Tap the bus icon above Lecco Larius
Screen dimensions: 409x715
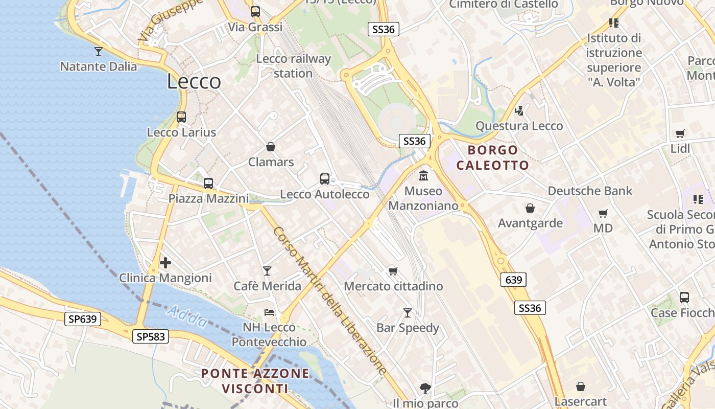coord(181,117)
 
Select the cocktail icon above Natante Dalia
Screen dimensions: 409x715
coord(99,51)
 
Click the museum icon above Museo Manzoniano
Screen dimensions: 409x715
coord(423,176)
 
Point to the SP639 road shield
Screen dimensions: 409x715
coord(83,319)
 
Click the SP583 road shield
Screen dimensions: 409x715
coord(150,336)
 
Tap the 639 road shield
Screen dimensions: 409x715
coord(513,280)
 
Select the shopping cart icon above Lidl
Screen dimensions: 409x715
coord(680,134)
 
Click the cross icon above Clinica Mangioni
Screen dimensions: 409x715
coord(165,263)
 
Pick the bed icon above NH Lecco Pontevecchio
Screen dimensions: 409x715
coord(269,312)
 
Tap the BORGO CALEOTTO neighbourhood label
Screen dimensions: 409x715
coord(493,157)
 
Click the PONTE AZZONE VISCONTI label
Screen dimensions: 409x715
coord(255,381)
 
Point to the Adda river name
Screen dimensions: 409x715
coord(187,316)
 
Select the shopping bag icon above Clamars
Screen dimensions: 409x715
coord(271,147)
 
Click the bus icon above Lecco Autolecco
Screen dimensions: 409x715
coord(325,179)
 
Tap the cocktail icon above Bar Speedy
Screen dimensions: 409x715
coord(408,312)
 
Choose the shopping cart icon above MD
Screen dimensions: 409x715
coord(603,213)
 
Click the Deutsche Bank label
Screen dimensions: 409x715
coord(590,191)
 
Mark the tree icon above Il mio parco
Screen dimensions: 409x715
coord(425,388)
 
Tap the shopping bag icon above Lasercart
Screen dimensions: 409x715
coord(581,387)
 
